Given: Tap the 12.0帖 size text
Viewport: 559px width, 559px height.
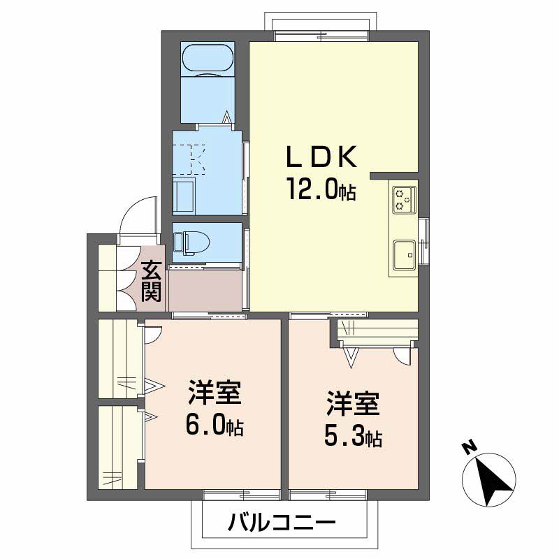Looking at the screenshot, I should click(x=320, y=189).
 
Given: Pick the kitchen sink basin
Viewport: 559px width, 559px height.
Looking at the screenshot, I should click(x=404, y=254).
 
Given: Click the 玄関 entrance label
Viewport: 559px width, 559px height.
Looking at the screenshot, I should click(x=151, y=281).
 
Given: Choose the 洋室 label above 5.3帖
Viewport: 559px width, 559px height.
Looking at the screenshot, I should click(x=353, y=405).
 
